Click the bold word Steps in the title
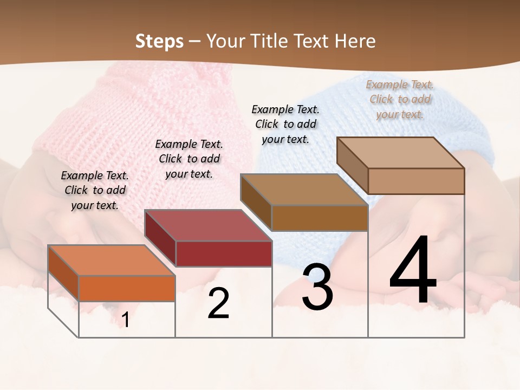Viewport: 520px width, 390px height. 159,41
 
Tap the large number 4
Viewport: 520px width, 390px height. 413,271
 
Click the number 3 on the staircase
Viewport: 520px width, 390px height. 317,287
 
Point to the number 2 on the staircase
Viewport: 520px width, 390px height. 218,303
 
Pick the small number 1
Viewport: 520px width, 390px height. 126,320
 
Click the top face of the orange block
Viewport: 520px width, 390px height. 112,260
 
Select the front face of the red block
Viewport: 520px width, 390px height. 224,253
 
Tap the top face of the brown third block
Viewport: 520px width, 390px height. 304,190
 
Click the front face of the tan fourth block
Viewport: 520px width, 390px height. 416,181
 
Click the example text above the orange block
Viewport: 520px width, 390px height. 95,190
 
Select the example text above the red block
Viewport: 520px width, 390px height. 189,159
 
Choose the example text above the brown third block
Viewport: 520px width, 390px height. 285,124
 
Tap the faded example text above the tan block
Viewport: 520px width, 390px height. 400,99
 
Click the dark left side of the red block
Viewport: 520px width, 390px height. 160,238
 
